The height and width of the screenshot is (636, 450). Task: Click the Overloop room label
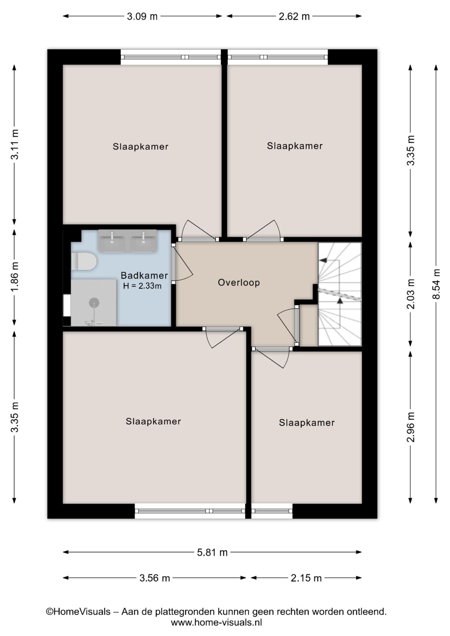tap(239, 283)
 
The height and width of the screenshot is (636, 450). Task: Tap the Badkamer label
tap(144, 275)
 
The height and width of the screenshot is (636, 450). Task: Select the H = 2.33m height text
tap(142, 286)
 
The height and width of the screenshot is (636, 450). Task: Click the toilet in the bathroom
tap(84, 261)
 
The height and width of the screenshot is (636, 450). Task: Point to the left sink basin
tap(112, 241)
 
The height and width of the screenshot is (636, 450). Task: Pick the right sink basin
tap(143, 241)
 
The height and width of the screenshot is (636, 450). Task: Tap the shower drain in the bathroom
tap(94, 302)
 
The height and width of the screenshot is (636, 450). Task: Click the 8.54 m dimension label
tap(436, 284)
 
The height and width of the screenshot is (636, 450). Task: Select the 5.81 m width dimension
tap(212, 552)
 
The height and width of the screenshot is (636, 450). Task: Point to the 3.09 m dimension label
tap(142, 16)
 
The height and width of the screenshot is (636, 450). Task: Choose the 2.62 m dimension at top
tap(294, 16)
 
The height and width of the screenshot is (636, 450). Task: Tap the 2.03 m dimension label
tap(411, 294)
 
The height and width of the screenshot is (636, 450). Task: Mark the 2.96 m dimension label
tap(411, 427)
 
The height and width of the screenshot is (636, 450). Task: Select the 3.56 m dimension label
tap(154, 578)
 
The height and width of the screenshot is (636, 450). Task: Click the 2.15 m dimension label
tap(306, 578)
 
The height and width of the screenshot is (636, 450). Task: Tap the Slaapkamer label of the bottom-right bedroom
tap(307, 423)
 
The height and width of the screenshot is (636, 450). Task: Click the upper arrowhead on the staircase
tap(323, 260)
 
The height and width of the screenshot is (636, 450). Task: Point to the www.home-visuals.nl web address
tap(216, 622)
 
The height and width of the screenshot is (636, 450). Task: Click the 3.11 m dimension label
tap(15, 144)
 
